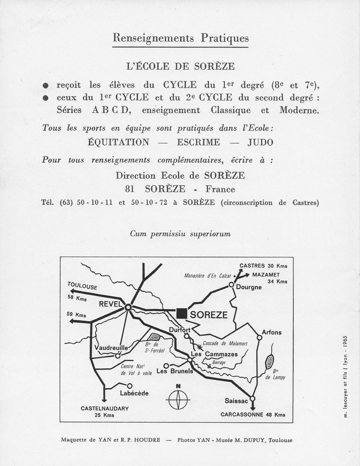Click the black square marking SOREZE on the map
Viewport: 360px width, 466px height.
(x=181, y=313)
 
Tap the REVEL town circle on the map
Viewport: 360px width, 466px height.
(x=128, y=307)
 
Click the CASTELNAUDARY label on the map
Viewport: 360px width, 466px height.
(x=105, y=408)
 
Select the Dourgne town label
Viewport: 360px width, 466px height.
(x=249, y=287)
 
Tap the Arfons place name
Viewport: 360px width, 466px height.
(x=272, y=332)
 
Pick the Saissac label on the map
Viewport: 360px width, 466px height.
(x=236, y=401)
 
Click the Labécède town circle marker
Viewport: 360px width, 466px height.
(x=130, y=386)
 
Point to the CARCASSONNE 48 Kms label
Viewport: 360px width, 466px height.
(x=253, y=415)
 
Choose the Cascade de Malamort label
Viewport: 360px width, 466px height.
(x=220, y=343)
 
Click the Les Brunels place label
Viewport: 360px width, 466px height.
(x=175, y=371)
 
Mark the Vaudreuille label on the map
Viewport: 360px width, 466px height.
(x=111, y=348)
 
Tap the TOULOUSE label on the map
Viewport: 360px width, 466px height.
(x=83, y=286)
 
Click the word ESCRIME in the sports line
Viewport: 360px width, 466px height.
(x=198, y=142)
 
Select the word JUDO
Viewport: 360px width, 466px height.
(x=260, y=142)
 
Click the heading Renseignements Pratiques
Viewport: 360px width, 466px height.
(x=180, y=38)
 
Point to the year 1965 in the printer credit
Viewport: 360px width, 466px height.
(x=345, y=342)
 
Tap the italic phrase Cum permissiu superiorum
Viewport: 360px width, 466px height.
(x=180, y=234)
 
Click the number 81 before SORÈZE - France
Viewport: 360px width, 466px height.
(x=129, y=189)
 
